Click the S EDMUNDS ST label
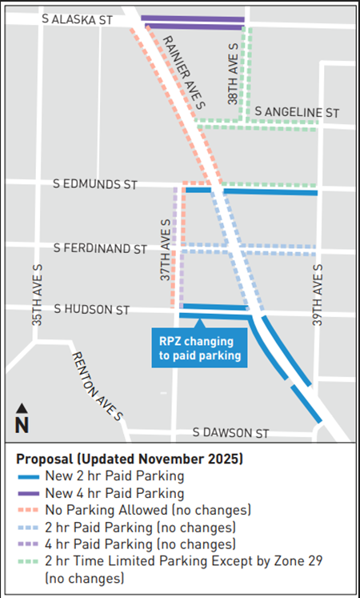(x=95, y=184)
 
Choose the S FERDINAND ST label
(x=101, y=248)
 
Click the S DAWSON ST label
(x=231, y=432)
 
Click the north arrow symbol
(x=22, y=419)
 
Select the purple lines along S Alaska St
(x=192, y=22)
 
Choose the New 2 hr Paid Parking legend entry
(x=115, y=476)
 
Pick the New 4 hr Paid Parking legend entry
(x=115, y=493)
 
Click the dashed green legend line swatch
(x=30, y=560)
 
